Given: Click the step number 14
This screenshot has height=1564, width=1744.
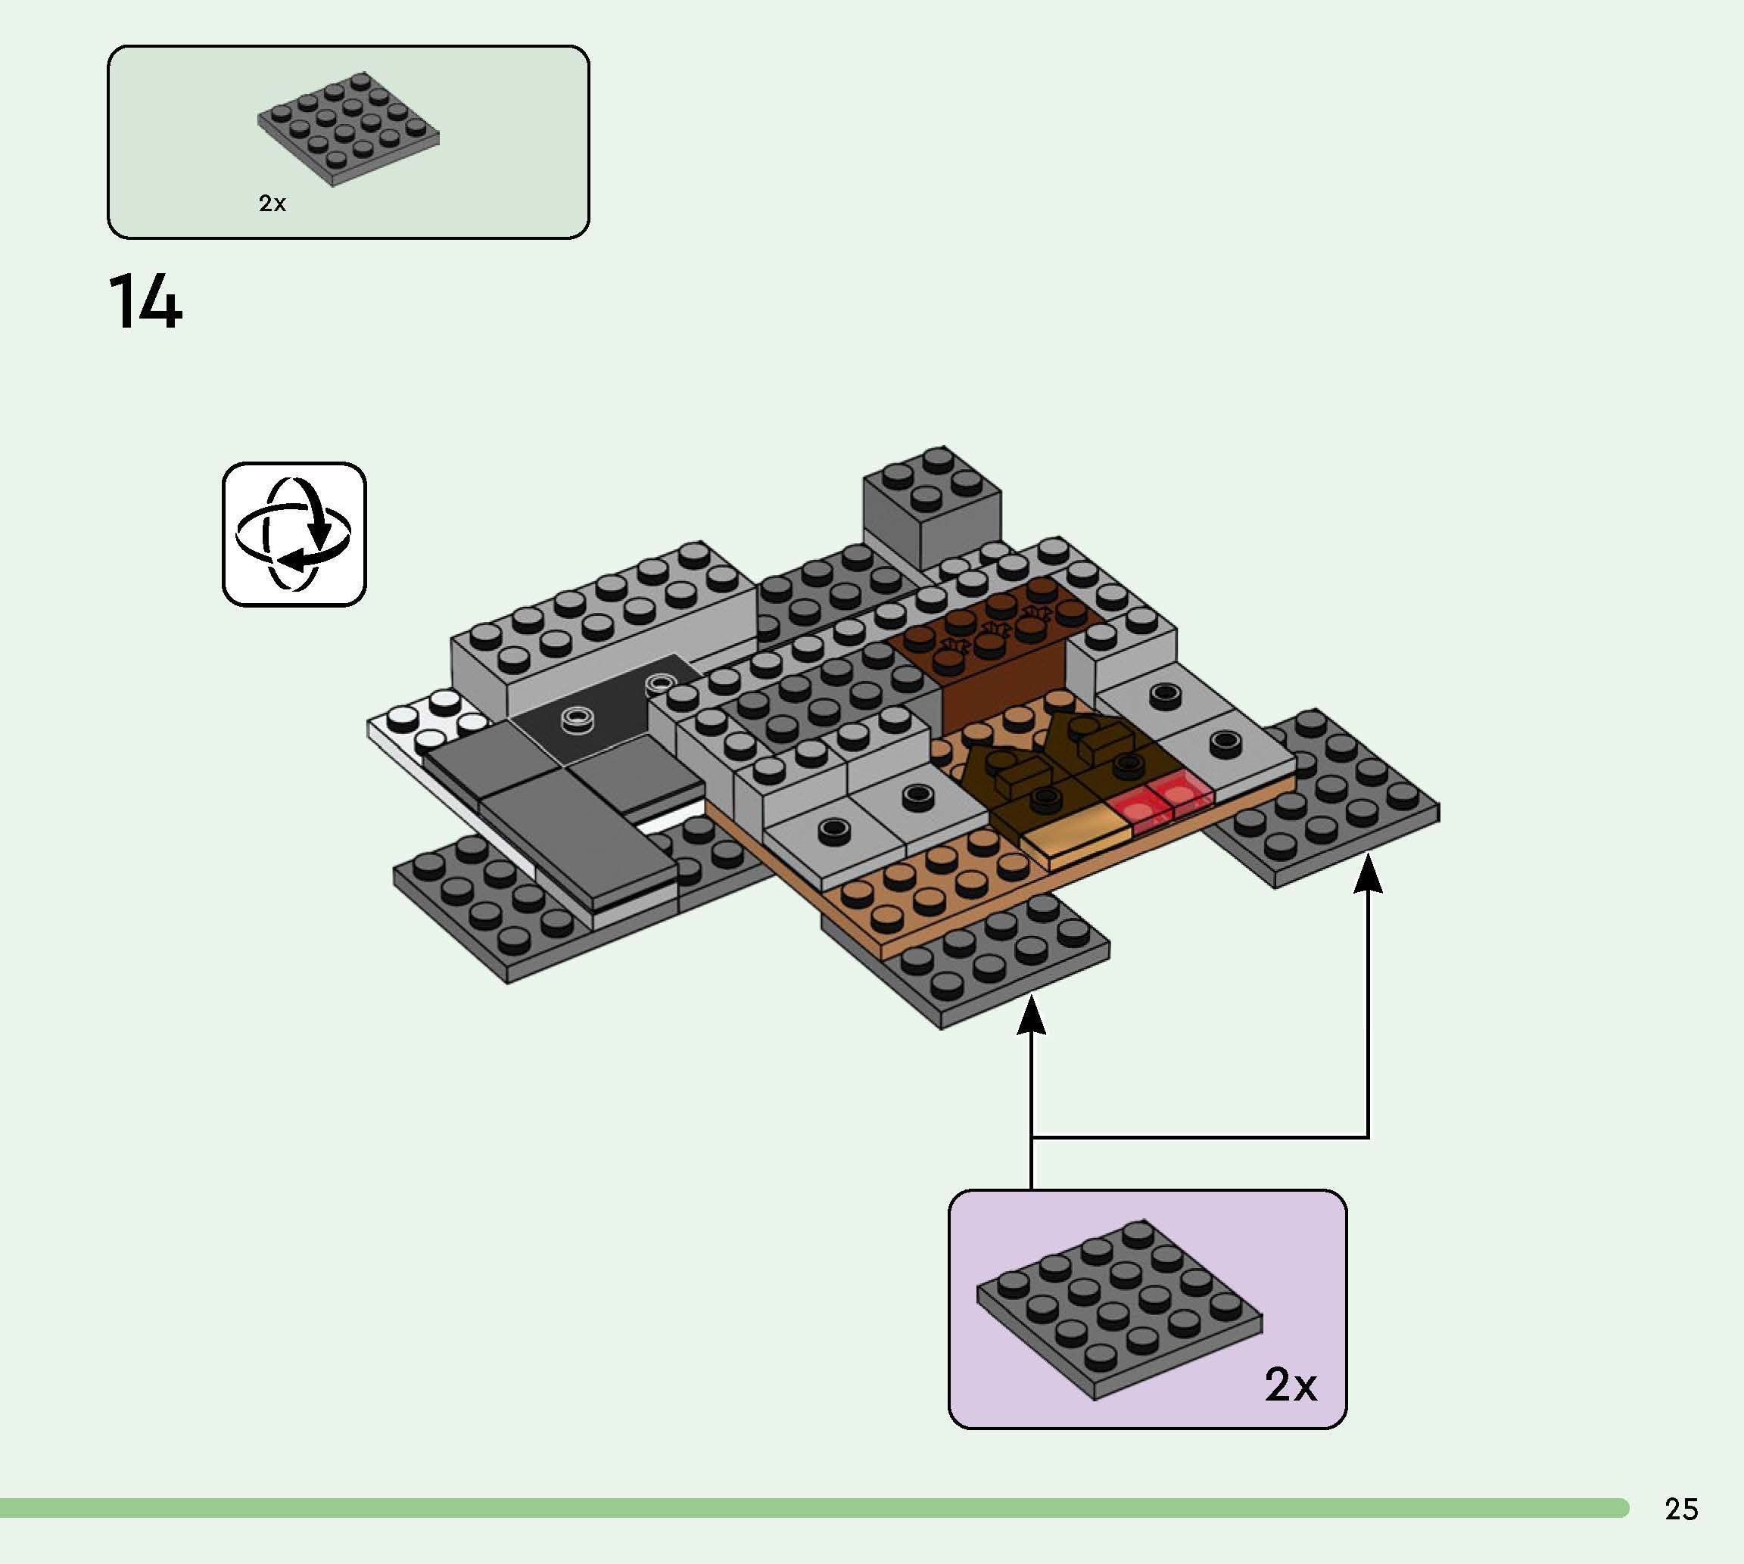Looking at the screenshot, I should (x=145, y=302).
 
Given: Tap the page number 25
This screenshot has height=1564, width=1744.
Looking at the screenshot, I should (x=1680, y=1510).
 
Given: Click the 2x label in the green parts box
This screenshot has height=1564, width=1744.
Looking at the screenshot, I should (x=272, y=204).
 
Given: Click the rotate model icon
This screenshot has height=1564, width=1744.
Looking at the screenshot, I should (x=294, y=533).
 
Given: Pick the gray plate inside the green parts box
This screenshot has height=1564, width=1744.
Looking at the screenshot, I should (x=348, y=129).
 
